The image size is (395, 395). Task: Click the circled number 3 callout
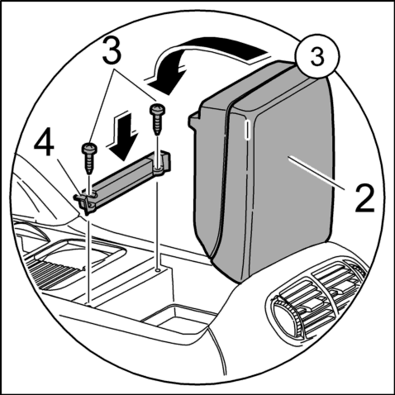[317, 56]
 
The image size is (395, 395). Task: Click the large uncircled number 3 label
[112, 51]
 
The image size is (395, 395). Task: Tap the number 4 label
[44, 142]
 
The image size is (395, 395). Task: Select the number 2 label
[364, 198]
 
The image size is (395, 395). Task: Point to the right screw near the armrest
[157, 119]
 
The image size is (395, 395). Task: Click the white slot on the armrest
[248, 130]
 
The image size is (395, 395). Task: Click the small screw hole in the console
[157, 270]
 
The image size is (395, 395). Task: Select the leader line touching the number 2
[316, 173]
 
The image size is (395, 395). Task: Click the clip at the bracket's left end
[84, 202]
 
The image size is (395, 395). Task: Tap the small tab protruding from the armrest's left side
[194, 121]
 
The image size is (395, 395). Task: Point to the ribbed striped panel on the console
[55, 274]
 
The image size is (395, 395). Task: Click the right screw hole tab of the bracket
[159, 171]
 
